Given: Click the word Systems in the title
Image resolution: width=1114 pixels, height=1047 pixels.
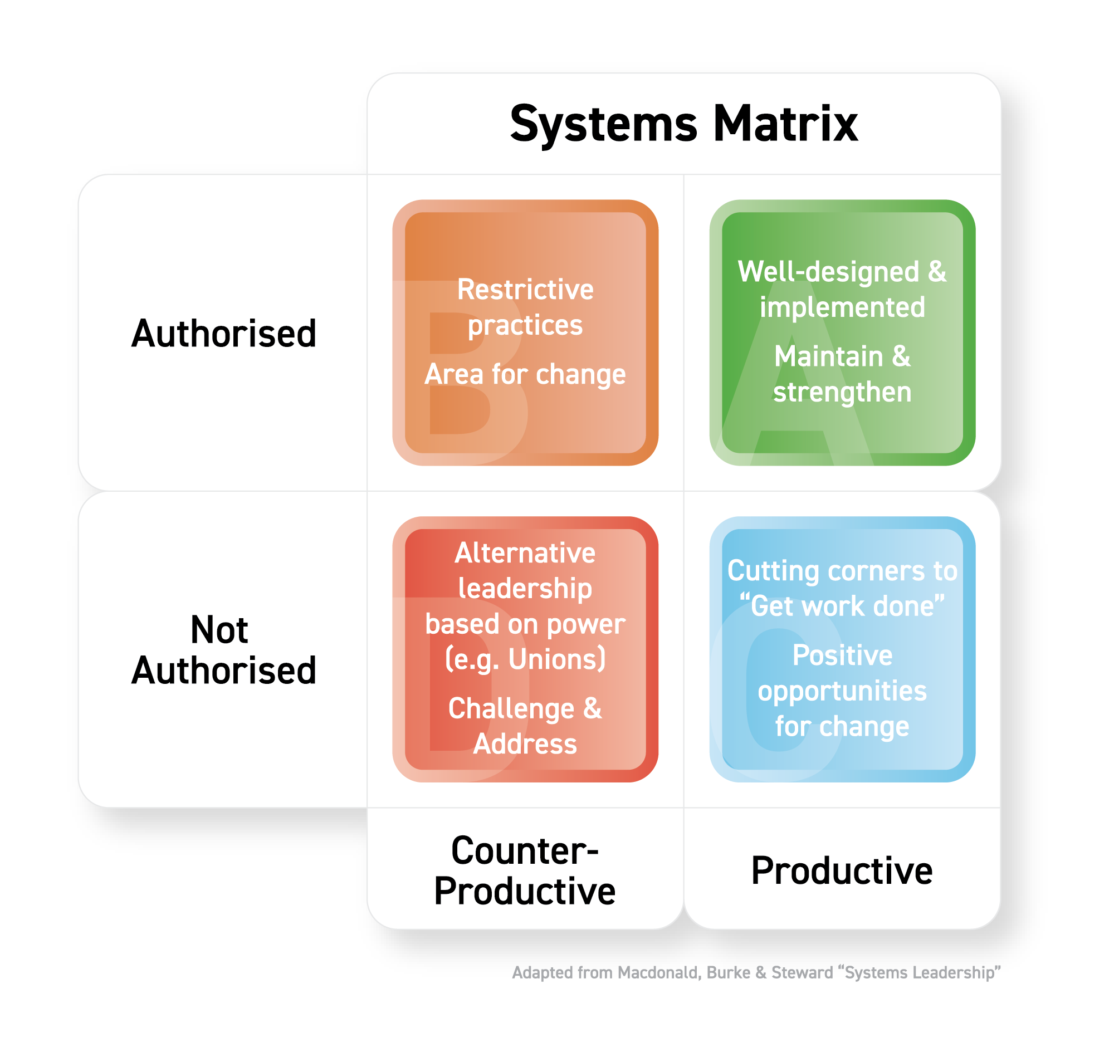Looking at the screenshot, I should (x=604, y=124).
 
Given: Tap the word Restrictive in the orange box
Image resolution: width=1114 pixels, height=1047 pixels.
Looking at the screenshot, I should (x=525, y=290).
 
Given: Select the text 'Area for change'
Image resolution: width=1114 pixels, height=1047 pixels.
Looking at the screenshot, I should (x=525, y=374).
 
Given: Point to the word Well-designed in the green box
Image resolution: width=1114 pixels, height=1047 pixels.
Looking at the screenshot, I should (x=828, y=272).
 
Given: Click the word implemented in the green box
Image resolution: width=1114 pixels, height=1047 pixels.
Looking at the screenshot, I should (x=842, y=307).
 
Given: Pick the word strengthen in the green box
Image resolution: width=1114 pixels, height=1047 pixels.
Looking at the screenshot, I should (x=842, y=392).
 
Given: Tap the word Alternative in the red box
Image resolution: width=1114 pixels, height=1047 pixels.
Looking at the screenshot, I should (x=525, y=554).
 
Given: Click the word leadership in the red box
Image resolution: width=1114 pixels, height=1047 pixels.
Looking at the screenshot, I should (x=525, y=589).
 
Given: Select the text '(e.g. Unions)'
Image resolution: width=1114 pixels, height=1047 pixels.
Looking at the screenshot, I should (x=525, y=659).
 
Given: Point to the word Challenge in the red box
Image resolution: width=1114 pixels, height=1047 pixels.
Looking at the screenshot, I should (x=511, y=708).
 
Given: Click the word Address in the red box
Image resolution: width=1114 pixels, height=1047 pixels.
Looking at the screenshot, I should (x=525, y=744).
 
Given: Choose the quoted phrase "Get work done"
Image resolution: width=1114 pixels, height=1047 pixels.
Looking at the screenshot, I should (x=842, y=606).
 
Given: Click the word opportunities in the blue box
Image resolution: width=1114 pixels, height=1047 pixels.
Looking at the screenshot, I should (x=842, y=691).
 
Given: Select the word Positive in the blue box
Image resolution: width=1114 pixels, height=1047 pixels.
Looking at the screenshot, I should (x=842, y=655).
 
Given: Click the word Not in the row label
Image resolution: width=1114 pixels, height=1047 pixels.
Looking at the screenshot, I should (x=219, y=630).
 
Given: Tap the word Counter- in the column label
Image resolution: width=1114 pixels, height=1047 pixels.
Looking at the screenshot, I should (x=525, y=852).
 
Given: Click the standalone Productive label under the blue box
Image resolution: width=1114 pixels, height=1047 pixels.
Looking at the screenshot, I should (x=842, y=871).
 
